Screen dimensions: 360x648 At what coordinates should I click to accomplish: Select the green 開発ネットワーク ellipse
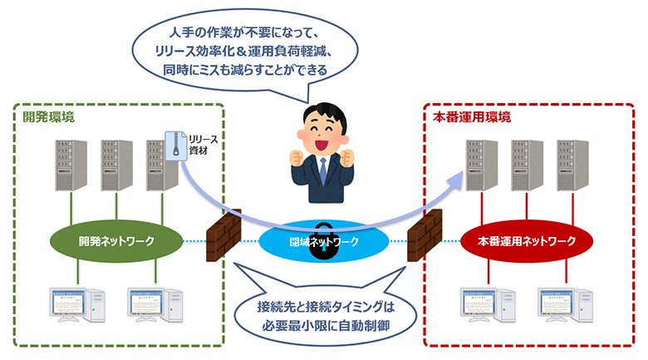(x=117, y=242)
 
